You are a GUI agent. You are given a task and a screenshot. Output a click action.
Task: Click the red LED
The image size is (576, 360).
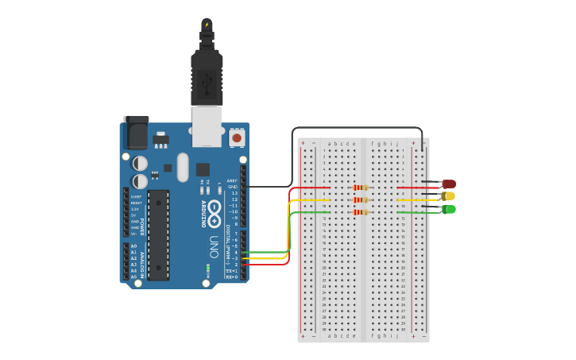(449, 184)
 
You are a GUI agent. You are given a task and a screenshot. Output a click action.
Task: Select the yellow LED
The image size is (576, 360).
(449, 196)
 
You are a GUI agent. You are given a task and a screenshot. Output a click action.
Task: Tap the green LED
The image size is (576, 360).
(449, 209)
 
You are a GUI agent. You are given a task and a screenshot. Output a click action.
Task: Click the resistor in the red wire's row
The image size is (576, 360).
(361, 188)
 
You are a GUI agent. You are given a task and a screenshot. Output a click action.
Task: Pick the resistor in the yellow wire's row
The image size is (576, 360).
(361, 200)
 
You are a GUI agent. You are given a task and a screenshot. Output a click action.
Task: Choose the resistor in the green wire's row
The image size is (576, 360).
(361, 212)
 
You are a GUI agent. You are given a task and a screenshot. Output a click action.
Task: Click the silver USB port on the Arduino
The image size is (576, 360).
(207, 126)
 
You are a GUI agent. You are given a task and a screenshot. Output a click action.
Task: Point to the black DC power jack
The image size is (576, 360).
(136, 132)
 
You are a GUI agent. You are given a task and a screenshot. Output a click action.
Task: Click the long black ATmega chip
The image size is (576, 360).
(158, 234)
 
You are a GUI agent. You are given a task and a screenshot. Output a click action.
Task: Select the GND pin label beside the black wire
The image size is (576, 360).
(233, 187)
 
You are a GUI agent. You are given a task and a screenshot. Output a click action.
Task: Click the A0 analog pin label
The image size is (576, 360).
(133, 246)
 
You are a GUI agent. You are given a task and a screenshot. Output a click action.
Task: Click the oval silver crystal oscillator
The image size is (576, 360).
(184, 167)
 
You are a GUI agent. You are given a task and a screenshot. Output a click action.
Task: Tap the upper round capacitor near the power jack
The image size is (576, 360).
(140, 163)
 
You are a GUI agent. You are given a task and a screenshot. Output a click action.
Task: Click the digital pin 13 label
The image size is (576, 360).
(234, 193)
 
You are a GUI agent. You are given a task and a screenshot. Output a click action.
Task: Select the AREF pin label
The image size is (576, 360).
(232, 180)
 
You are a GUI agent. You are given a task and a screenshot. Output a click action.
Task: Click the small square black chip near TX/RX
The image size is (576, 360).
(203, 169)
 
